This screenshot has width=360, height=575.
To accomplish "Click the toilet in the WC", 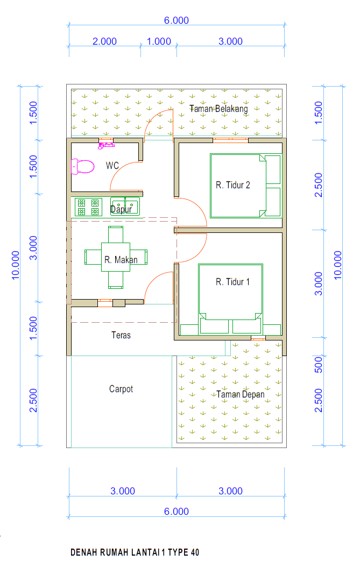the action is coord(82,167).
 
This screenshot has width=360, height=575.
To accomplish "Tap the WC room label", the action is coord(112,166).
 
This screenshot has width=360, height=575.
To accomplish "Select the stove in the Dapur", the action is coord(88,207).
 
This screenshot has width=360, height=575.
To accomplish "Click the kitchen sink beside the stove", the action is coord(125,207).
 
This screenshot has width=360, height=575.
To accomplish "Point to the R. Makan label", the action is coord(121,260).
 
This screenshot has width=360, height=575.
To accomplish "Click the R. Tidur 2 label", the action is coord(232,185).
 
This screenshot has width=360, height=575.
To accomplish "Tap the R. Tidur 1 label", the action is coord(232,282).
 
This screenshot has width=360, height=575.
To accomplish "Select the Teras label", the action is coord(121,335).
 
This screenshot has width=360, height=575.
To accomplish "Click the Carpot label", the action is coord(121,389).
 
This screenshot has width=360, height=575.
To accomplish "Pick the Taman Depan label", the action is coord(241,395).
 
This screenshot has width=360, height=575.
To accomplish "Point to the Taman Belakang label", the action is coord(218,109).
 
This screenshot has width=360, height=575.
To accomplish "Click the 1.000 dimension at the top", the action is coord(159,41).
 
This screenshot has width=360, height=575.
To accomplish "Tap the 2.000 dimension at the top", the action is coord(104,41).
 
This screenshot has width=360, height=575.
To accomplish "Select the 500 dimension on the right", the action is coord(319,365).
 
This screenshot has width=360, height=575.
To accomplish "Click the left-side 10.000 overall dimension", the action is coord(16,266).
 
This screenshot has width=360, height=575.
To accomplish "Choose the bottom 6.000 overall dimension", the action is coord(177,512).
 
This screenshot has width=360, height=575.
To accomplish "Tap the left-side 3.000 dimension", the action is coord(33,248).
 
